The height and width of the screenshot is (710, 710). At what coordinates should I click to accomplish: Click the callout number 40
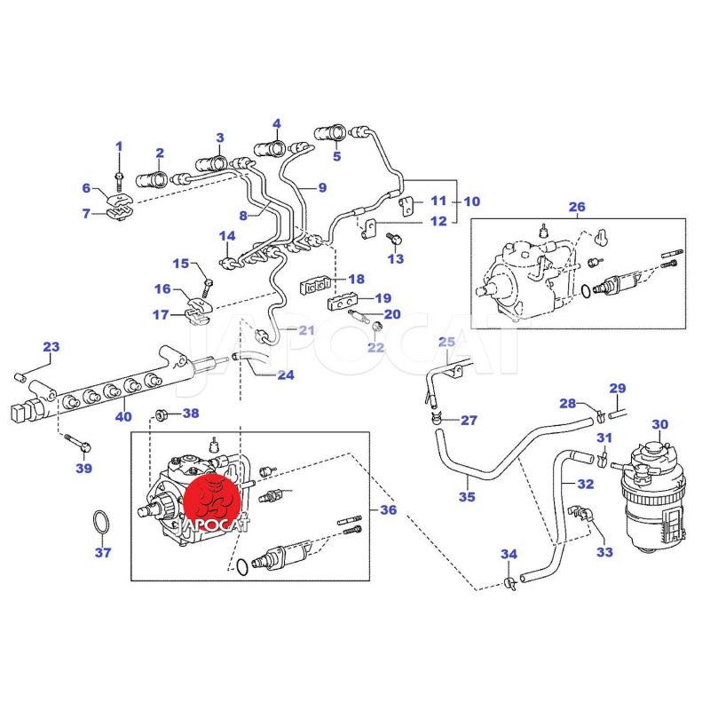coord(123,416)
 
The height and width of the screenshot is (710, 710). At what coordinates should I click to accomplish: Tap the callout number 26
coord(577,208)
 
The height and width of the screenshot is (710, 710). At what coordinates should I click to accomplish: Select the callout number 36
coord(388,510)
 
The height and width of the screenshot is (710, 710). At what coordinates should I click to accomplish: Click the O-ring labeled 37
coord(103,523)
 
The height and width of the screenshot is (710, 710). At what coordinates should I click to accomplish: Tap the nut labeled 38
coord(162,413)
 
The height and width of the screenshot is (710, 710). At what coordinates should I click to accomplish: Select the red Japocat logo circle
coord(213,497)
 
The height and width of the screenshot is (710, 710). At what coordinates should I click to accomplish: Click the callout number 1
coord(120,146)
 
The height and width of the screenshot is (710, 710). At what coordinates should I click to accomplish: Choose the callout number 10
coord(471,201)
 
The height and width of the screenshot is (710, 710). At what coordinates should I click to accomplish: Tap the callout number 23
coord(51,346)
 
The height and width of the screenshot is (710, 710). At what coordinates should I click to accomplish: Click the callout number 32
coord(585,484)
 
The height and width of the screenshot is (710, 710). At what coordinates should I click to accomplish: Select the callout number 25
coord(446,342)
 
